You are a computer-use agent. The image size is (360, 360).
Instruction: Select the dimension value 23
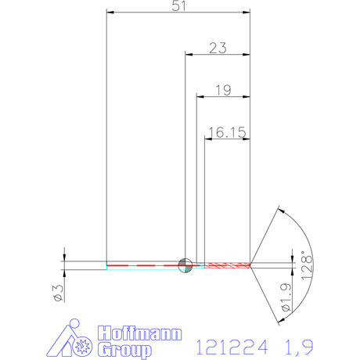pos(218,48)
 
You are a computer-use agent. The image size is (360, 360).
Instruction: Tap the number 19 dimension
pos(221,91)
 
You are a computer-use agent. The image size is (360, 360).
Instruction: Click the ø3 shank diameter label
pos(57,293)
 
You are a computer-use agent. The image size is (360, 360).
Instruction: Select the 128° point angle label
pos(307,266)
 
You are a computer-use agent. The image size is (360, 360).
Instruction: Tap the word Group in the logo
pos(124,350)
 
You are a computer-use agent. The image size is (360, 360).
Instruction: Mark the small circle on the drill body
pos(185,265)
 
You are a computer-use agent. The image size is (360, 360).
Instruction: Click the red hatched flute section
pos(227,265)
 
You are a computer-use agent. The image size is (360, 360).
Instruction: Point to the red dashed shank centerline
pos(141,266)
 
